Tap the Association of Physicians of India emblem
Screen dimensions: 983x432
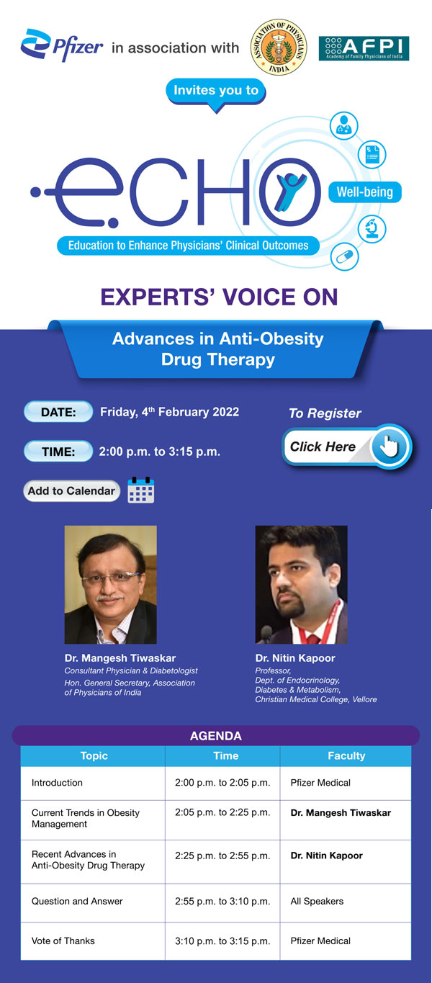[x=277, y=48]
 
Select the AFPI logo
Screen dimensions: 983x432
[x=364, y=48]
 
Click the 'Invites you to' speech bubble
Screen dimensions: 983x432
[x=216, y=91]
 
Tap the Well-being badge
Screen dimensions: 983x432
[x=365, y=192]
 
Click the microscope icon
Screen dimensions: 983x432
[x=373, y=228]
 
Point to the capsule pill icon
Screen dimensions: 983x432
[x=344, y=257]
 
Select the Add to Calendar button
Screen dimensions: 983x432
[x=71, y=491]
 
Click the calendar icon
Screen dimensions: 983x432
[x=141, y=490]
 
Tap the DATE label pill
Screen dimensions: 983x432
[x=58, y=413]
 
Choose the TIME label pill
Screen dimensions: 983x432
[x=58, y=452]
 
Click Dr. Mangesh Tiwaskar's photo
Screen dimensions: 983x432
[x=110, y=584]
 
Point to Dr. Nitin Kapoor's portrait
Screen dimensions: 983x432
[x=301, y=584]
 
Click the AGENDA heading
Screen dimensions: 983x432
[x=216, y=736]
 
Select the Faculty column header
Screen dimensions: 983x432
[x=346, y=756]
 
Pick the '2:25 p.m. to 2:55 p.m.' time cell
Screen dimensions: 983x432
[x=222, y=856]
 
